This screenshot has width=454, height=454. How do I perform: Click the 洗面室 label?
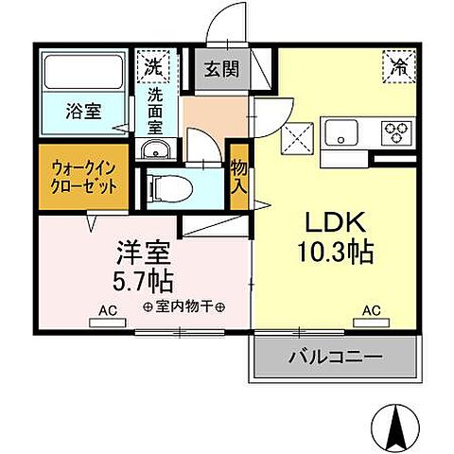(x=154, y=109)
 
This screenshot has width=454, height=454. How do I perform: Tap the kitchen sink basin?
(x=339, y=131)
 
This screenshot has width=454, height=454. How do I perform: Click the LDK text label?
(x=335, y=221)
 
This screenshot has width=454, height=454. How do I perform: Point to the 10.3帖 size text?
(x=335, y=253)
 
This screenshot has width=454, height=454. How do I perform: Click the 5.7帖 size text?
(x=143, y=281)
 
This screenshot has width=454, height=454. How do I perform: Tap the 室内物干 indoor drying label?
(x=183, y=307)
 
